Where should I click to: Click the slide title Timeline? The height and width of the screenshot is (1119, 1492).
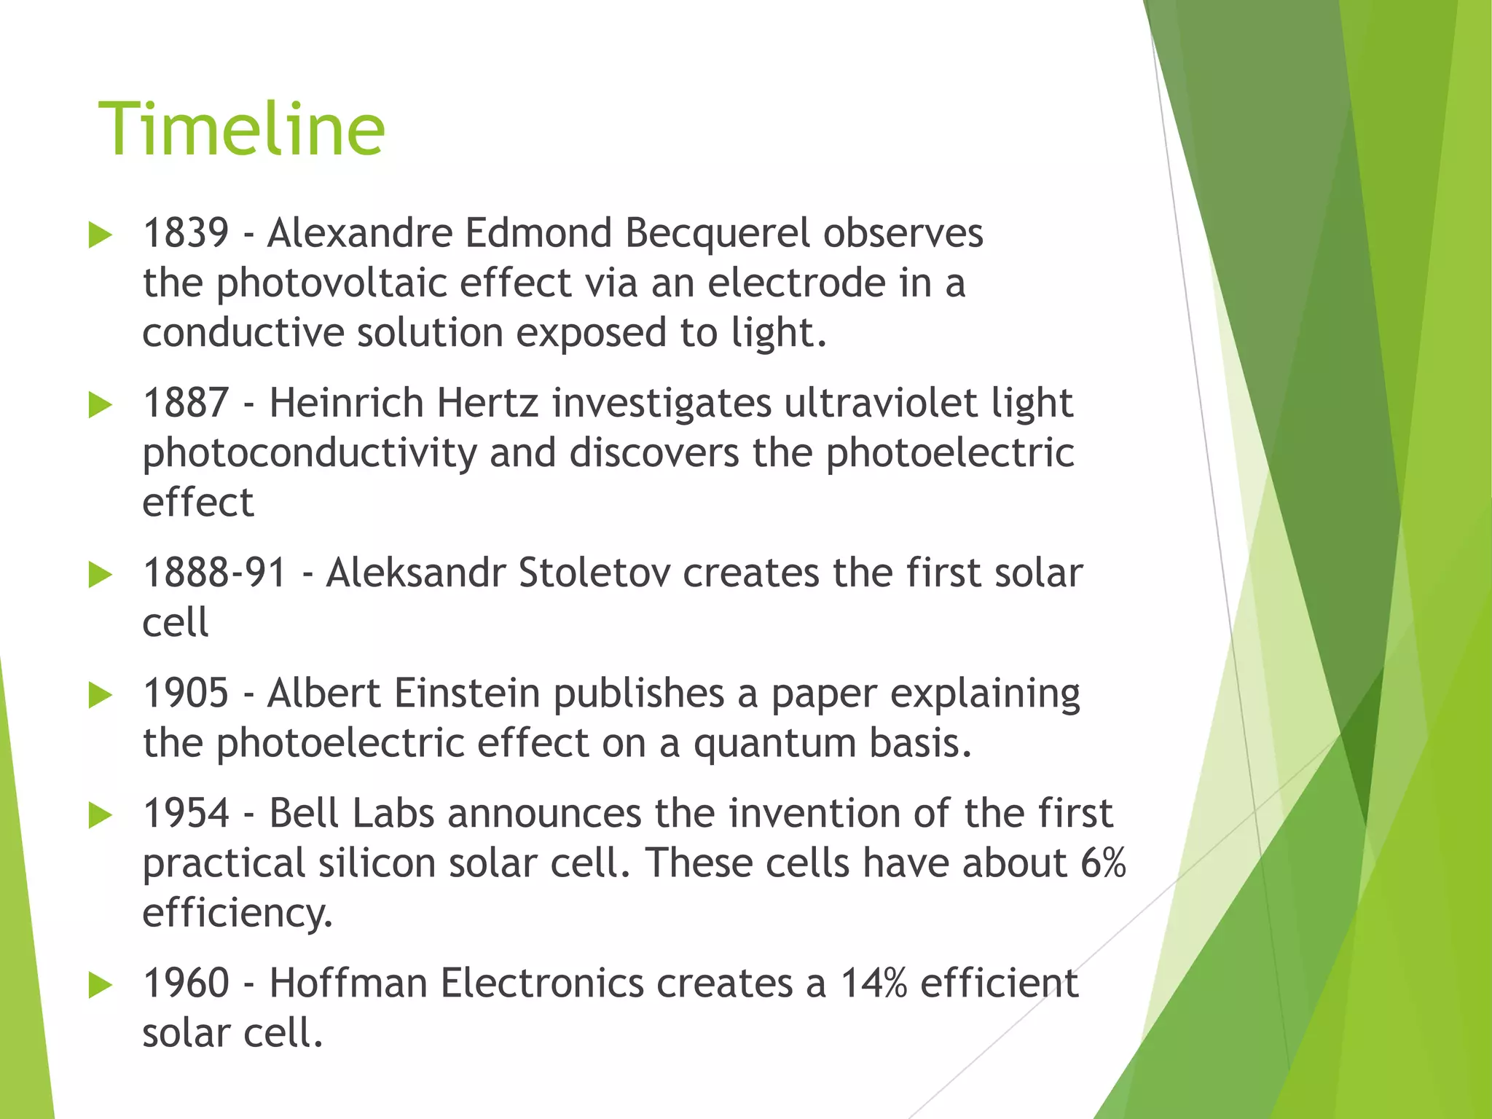tap(241, 130)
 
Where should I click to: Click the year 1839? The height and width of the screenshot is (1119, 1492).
tap(186, 233)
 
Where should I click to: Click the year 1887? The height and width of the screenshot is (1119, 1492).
tap(186, 403)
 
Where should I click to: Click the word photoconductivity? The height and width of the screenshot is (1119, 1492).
tap(309, 453)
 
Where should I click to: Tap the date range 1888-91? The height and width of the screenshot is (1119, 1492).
tap(215, 573)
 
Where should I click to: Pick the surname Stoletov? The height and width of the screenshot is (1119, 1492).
tap(594, 573)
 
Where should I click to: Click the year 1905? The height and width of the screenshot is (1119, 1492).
tap(186, 693)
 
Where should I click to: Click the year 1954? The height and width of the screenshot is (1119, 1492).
tap(186, 813)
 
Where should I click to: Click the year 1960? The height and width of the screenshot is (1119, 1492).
tap(186, 983)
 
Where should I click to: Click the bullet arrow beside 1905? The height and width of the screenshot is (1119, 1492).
tap(100, 695)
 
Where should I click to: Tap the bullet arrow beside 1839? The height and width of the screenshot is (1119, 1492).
tap(100, 235)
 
